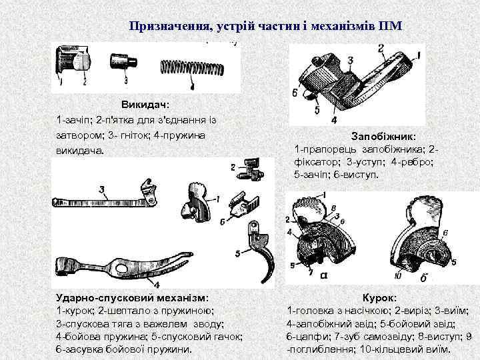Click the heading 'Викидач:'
(x=145, y=105)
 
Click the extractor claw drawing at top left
(x=73, y=62)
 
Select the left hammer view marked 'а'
(x=327, y=233)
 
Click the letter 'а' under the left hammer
(x=323, y=274)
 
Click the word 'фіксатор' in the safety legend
(x=315, y=161)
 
